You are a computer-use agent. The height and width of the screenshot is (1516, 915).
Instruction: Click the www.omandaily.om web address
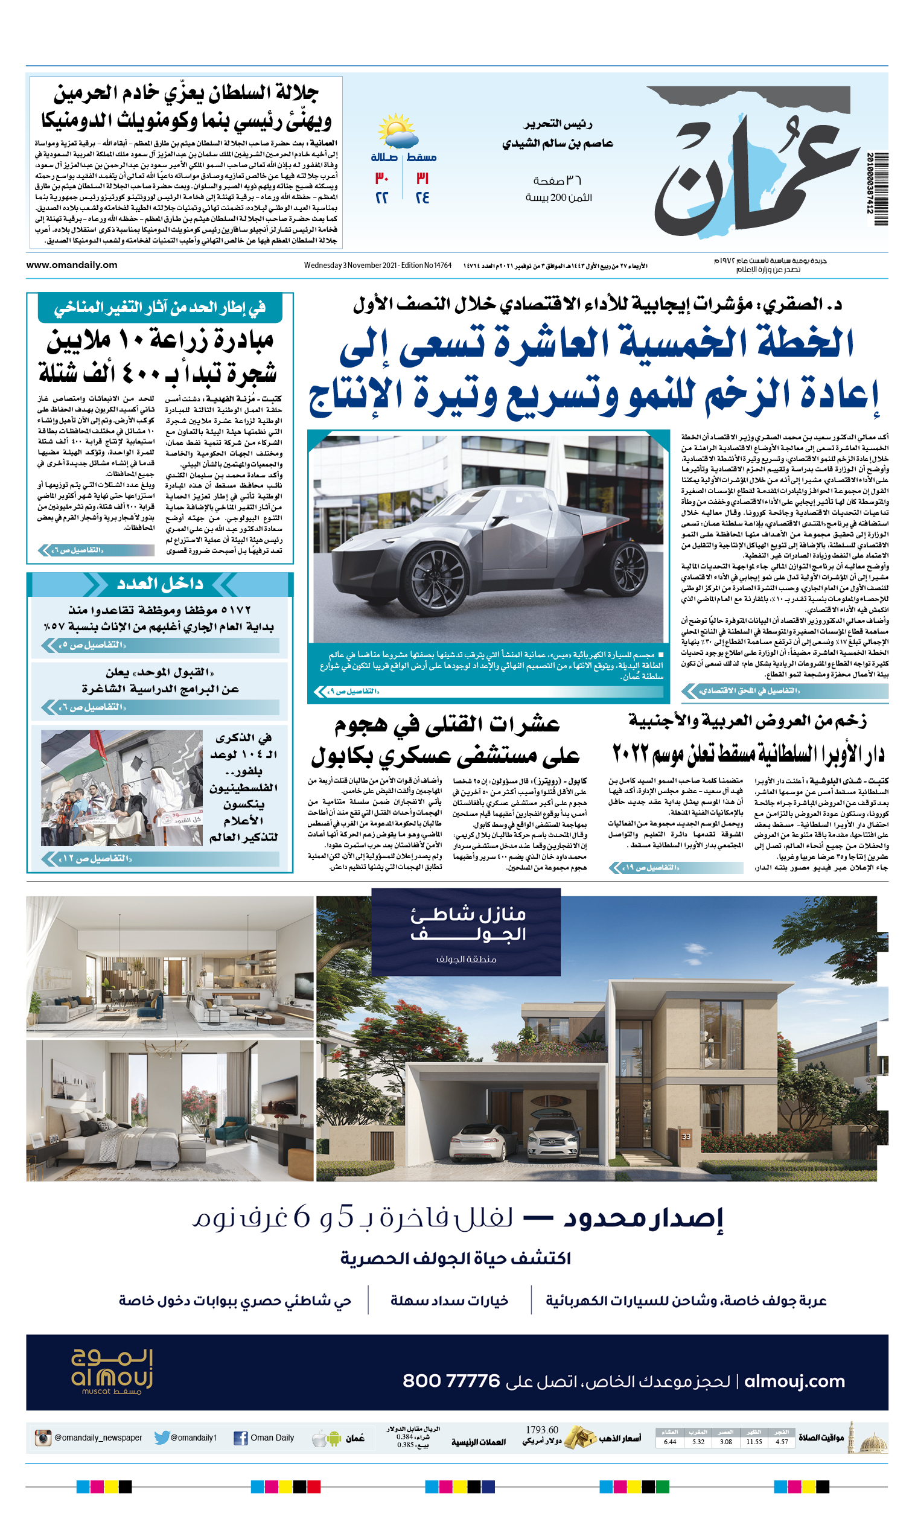point(71,265)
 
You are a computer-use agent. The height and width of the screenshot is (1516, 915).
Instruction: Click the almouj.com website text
point(794,1381)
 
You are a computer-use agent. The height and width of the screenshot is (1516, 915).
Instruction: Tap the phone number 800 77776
point(451,1381)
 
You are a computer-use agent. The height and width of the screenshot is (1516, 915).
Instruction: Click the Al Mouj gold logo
point(112,1371)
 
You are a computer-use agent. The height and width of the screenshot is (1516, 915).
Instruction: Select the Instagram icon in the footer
point(43,1438)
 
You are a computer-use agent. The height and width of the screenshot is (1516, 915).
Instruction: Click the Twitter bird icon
point(161,1438)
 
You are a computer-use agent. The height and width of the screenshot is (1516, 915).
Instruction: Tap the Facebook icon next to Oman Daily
point(241,1438)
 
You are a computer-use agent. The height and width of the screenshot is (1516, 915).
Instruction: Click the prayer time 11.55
point(754,1442)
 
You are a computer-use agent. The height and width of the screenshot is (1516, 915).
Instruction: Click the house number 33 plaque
point(686,1136)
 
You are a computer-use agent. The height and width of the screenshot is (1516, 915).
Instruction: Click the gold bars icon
point(579,1438)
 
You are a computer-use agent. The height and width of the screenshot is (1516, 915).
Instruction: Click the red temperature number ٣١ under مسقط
point(422,179)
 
